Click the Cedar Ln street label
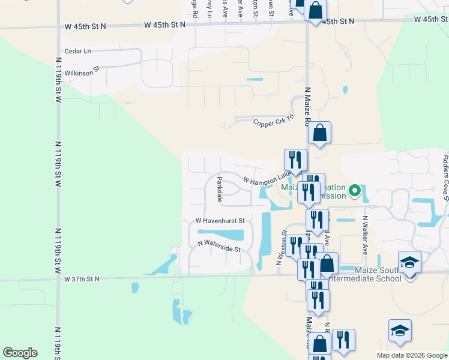[79, 51]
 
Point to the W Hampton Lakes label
[268, 179]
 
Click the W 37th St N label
[82, 279]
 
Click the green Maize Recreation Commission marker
[355, 192]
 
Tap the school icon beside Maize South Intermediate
[409, 263]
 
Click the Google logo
[20, 353]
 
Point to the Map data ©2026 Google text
[412, 355]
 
